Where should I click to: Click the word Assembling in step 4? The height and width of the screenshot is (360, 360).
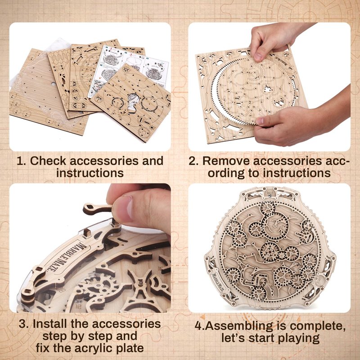tap(239, 326)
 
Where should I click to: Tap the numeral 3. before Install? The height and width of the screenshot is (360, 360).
tap(24, 324)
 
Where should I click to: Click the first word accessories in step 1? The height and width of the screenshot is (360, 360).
tap(104, 161)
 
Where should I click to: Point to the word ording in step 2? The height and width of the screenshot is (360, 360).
tap(226, 173)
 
